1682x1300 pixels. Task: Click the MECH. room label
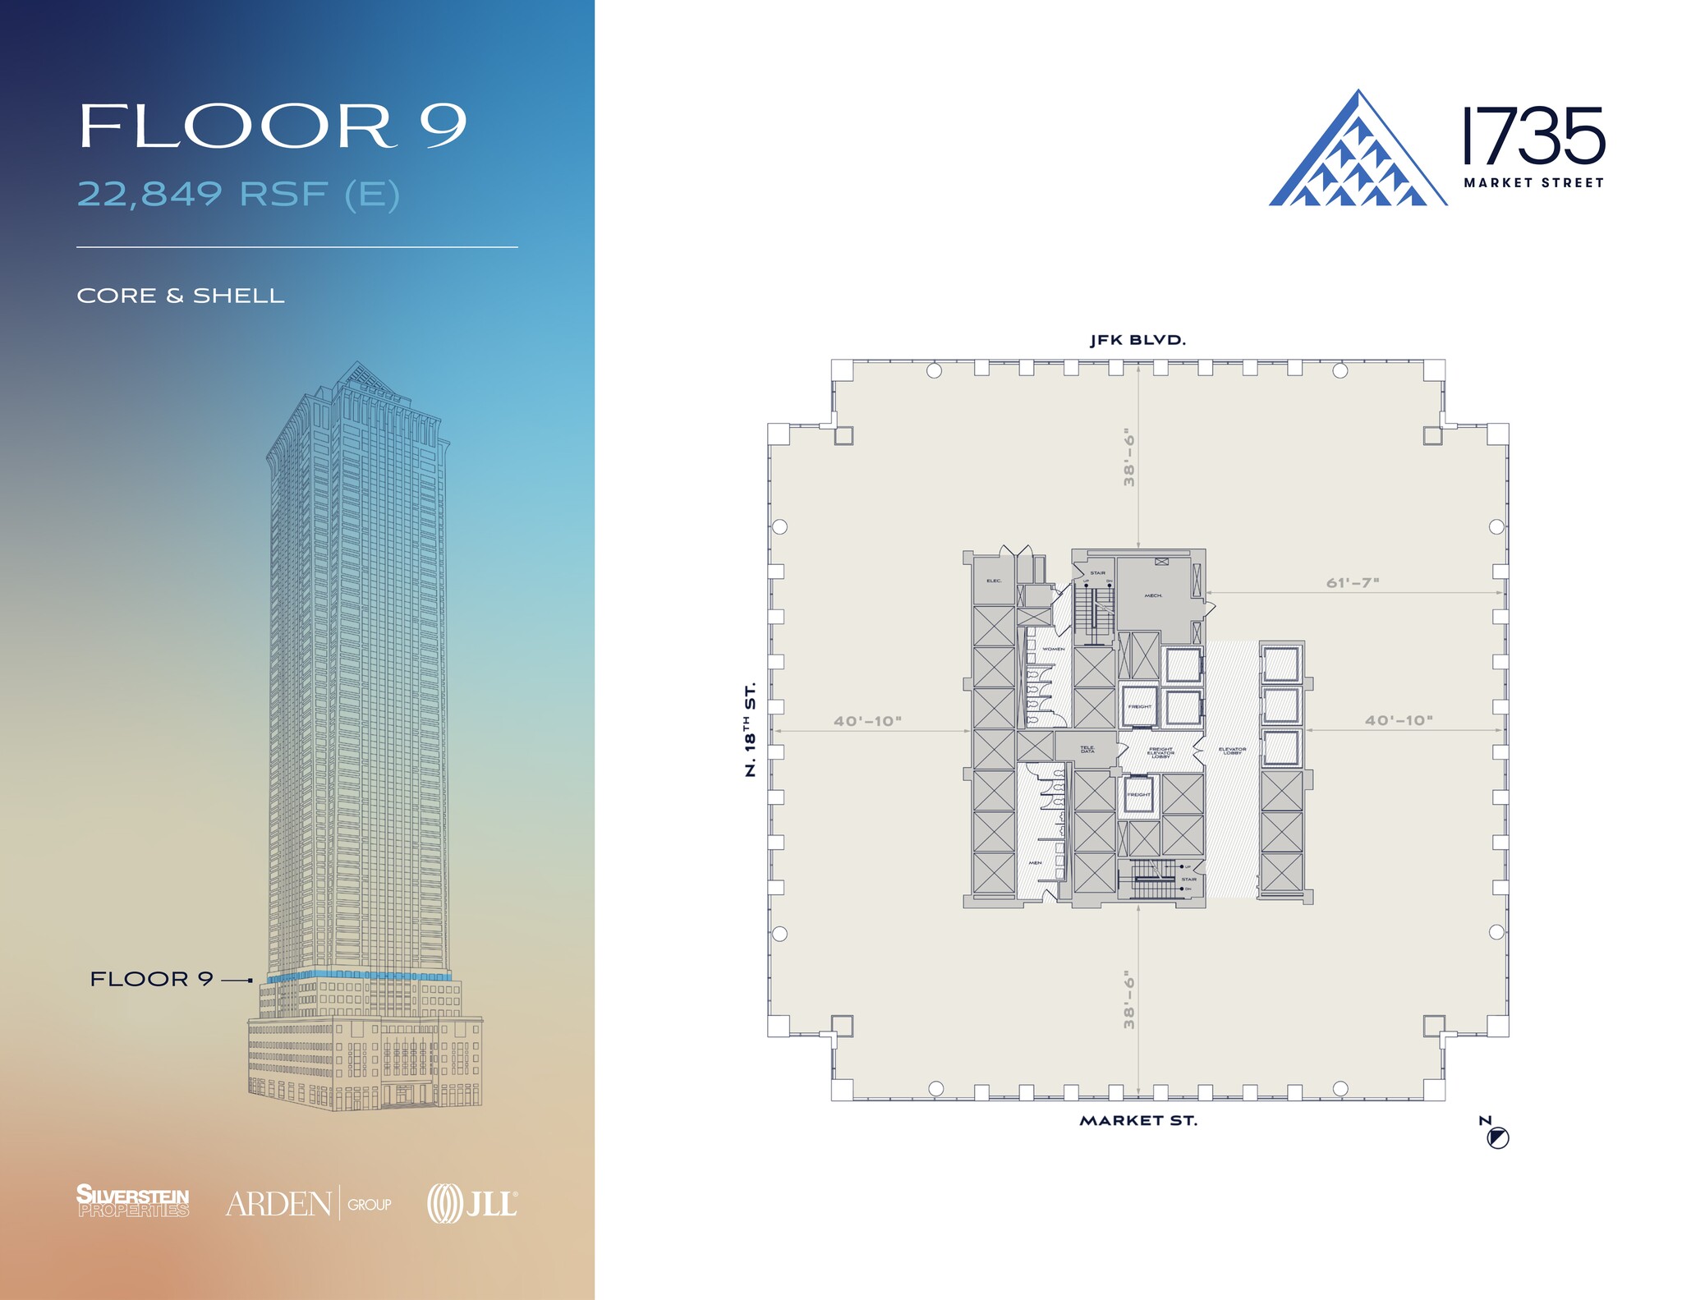click(1153, 595)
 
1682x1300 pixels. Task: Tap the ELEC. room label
click(994, 581)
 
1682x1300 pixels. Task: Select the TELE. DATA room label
click(1087, 749)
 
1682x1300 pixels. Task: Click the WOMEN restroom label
click(1053, 649)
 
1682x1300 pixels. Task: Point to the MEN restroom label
click(1035, 862)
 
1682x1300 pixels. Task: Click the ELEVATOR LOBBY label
click(1232, 751)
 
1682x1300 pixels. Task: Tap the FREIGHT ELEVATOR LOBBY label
click(1160, 752)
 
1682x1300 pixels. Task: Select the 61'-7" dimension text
click(1352, 582)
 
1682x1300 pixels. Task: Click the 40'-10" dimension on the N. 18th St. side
click(867, 721)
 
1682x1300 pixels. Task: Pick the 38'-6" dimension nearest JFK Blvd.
click(1129, 457)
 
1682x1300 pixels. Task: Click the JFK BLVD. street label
click(1137, 340)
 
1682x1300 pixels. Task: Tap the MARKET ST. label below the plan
click(1137, 1120)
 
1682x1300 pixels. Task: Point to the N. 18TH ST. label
click(750, 729)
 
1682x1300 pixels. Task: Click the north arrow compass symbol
click(1497, 1138)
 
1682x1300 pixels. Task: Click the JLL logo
click(472, 1204)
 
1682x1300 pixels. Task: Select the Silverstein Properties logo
click(132, 1201)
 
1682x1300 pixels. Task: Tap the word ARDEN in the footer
click(278, 1204)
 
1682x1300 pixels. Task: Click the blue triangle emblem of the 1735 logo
click(1357, 156)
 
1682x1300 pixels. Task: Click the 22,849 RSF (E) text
click(238, 195)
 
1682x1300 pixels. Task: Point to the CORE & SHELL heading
click(181, 296)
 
